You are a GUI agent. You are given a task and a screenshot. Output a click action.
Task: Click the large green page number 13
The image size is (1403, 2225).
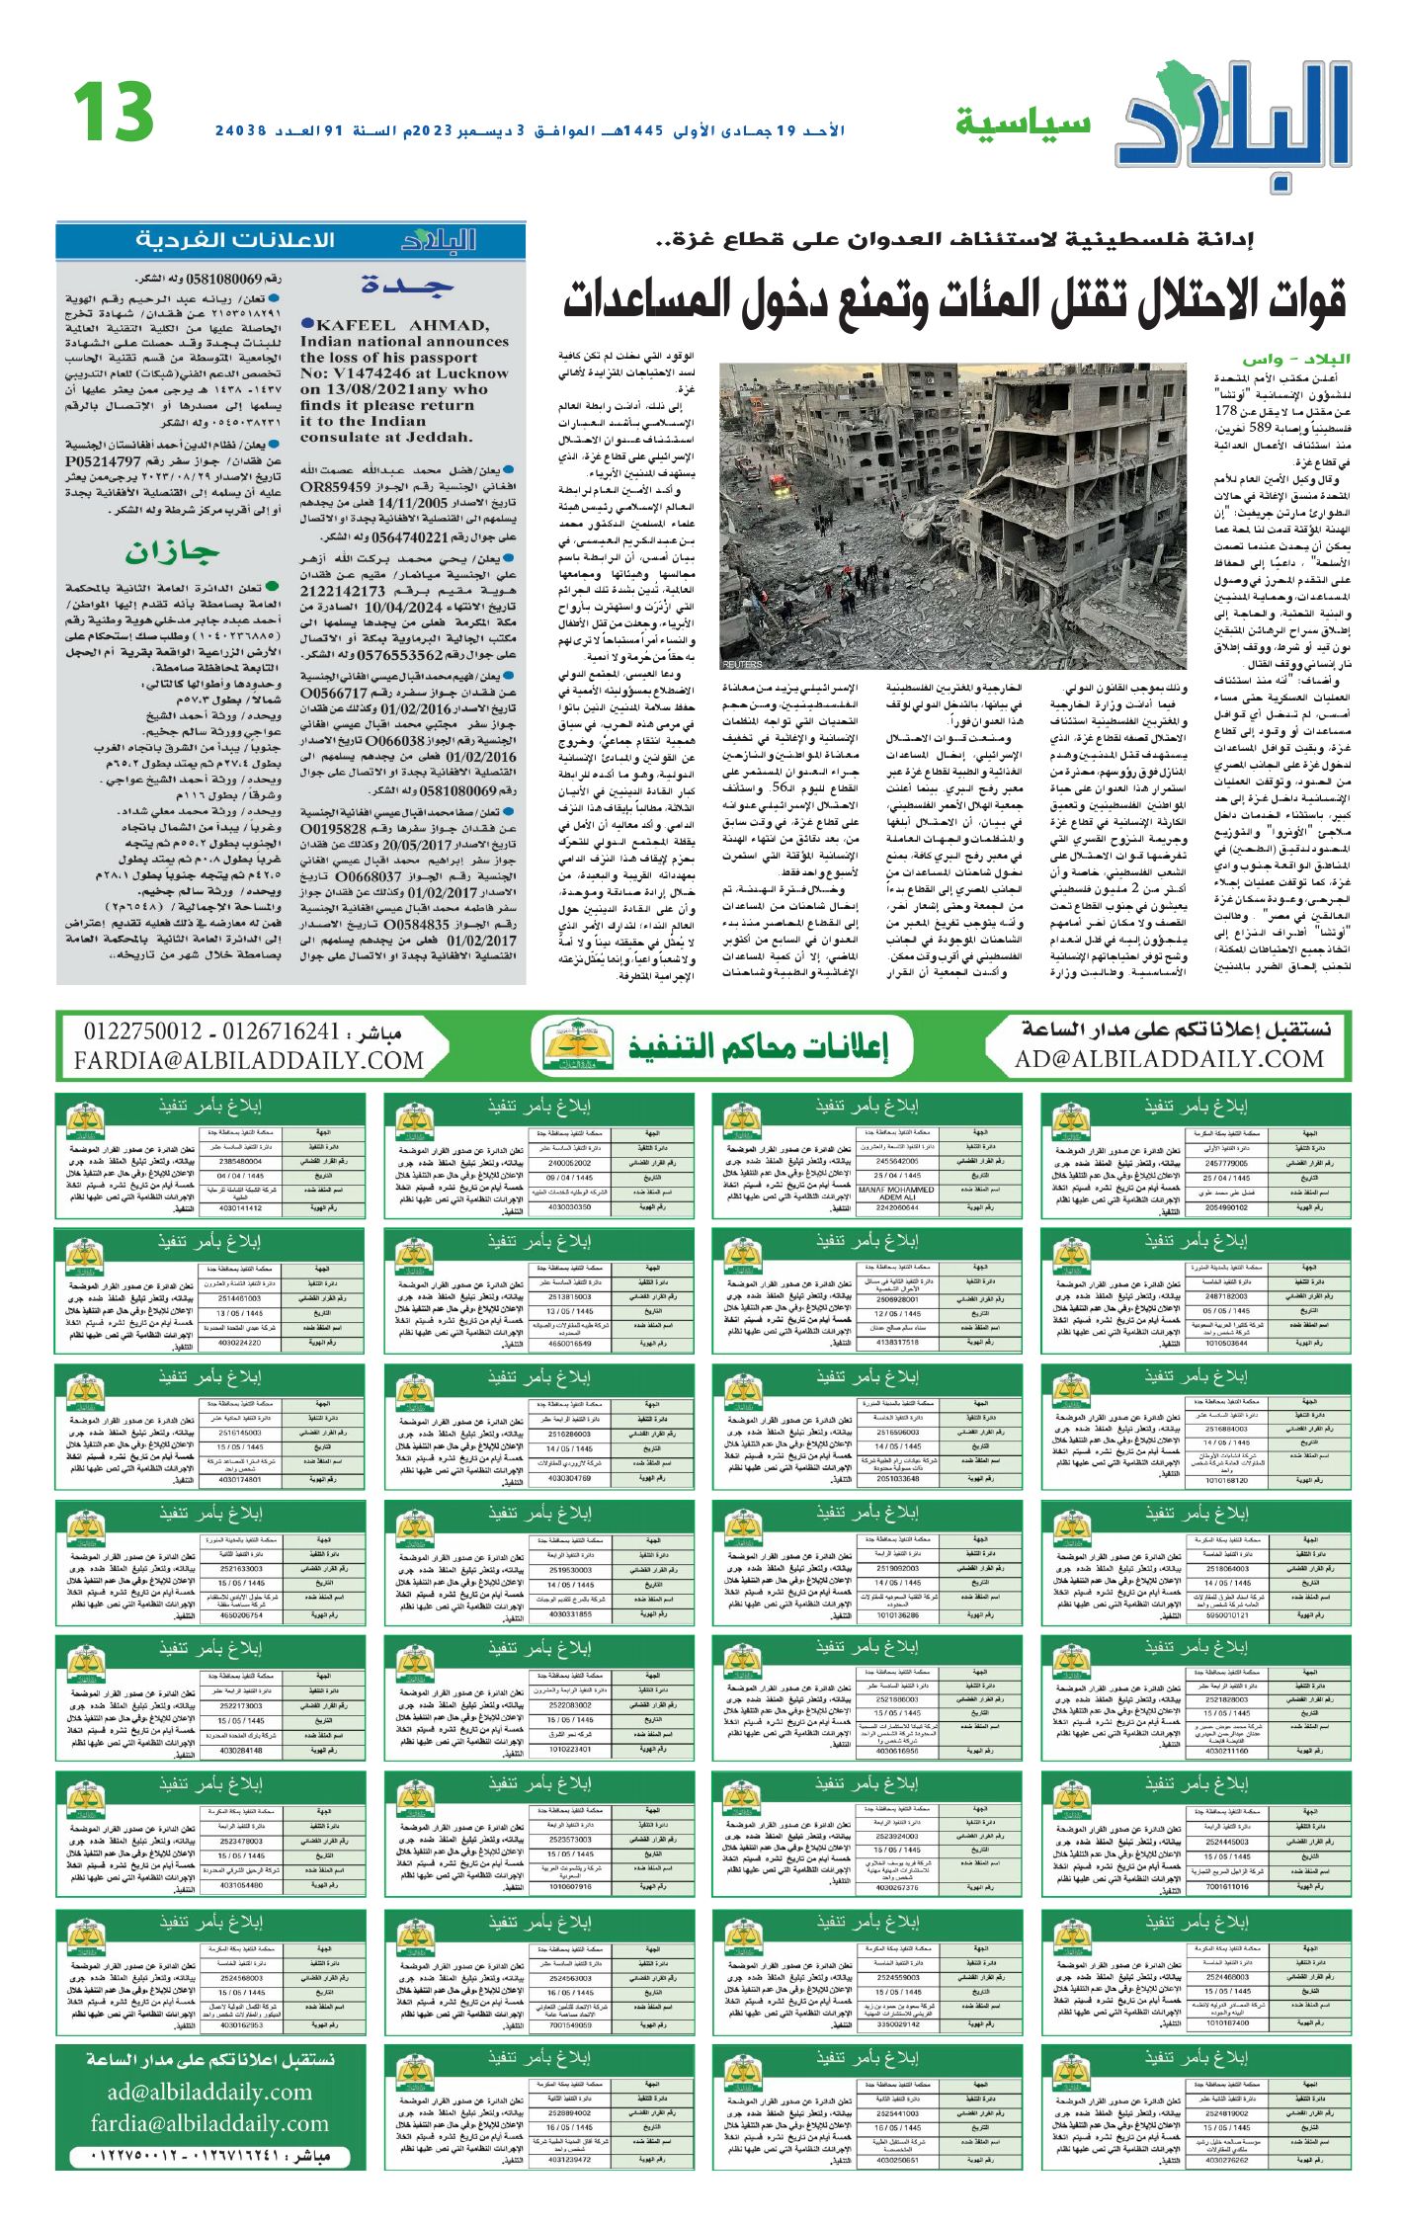click(114, 112)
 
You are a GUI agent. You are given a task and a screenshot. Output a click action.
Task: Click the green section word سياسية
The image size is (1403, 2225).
click(1023, 124)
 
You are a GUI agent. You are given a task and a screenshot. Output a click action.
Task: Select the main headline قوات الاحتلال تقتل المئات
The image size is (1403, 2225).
click(953, 299)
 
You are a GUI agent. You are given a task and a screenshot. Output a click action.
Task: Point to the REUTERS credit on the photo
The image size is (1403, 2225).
click(742, 664)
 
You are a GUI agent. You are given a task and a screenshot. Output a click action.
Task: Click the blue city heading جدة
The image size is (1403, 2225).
click(407, 286)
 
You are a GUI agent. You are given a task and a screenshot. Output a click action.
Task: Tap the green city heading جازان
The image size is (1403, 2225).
click(172, 552)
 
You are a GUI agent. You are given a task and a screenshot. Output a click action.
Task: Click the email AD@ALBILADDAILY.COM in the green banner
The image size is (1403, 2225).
click(1169, 1060)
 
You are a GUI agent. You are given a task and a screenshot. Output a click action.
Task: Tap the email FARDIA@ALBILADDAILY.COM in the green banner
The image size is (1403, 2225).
click(248, 1061)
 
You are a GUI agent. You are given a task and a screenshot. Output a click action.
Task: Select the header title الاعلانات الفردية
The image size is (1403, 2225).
click(235, 240)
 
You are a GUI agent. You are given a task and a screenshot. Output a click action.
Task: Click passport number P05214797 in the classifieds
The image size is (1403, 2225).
click(104, 460)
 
